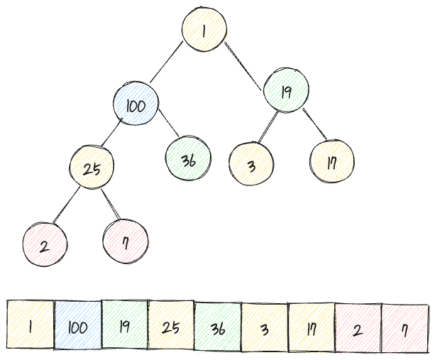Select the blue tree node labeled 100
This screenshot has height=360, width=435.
coord(136,107)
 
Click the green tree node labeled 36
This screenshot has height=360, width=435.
coord(188,159)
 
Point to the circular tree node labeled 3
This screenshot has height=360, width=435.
coord(251,164)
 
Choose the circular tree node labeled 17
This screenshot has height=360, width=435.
coord(331,162)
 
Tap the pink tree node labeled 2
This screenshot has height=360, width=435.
coord(45,246)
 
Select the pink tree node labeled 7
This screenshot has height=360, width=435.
coord(126,241)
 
